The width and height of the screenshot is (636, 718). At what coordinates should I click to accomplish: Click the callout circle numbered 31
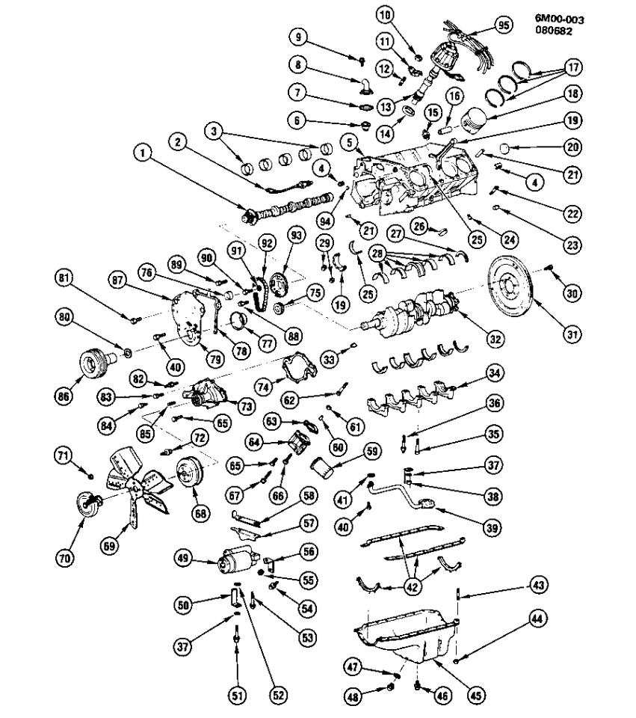(572, 334)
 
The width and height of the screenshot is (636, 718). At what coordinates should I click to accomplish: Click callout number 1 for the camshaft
(142, 155)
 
